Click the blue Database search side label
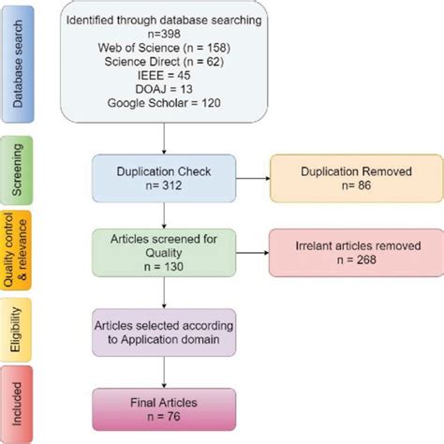[x=19, y=62]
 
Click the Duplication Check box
[x=164, y=178]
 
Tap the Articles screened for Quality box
[x=164, y=254]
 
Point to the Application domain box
[x=164, y=331]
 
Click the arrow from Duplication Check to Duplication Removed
[x=252, y=178]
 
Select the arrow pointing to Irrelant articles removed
[x=252, y=254]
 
